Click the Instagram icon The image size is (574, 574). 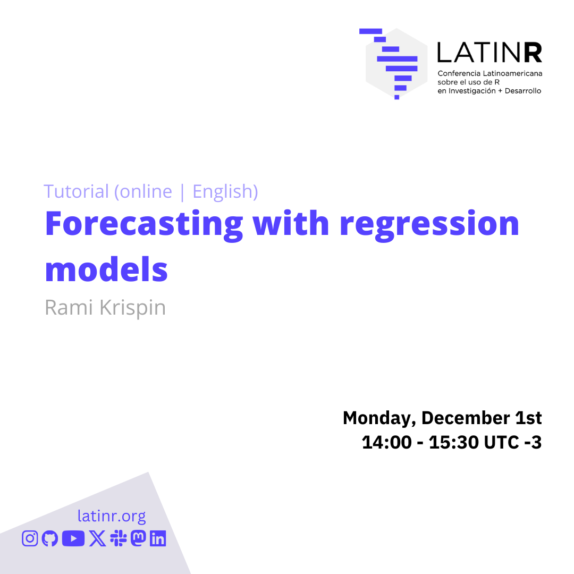30,538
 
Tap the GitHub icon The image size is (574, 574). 50,538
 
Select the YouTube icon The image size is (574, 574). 73,538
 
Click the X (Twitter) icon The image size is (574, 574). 97,538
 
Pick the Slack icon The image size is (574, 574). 118,538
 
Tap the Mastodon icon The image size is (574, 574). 138,538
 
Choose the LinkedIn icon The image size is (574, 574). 158,538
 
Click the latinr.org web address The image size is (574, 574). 112,516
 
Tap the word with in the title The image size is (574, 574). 291,223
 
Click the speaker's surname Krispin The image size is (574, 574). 132,308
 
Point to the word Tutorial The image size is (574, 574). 76,191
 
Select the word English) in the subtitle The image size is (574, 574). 225,191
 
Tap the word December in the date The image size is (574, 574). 466,418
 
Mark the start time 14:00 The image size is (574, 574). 386,442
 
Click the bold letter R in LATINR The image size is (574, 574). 533,52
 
